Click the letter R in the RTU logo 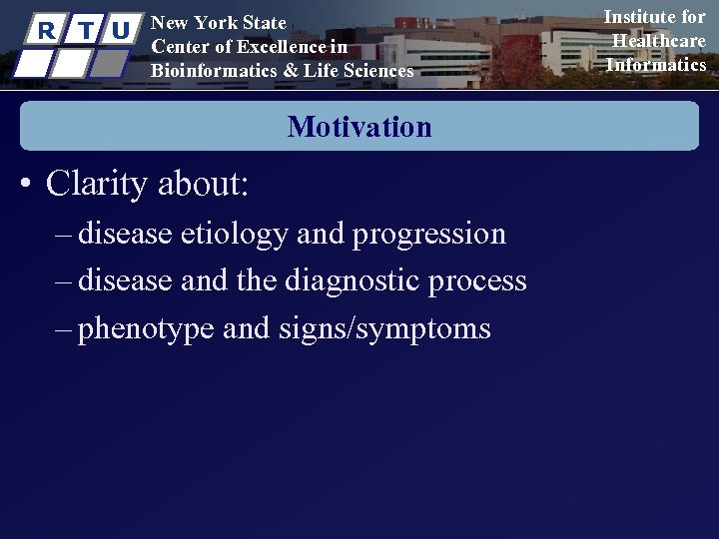pos(43,30)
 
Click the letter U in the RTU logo pos(120,30)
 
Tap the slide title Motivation pos(359,127)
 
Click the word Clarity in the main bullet pos(95,184)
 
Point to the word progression pos(429,234)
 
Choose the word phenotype pos(146,328)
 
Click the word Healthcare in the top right pos(659,41)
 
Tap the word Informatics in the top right pos(656,65)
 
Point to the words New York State pos(218,23)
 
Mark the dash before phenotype pos(65,328)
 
